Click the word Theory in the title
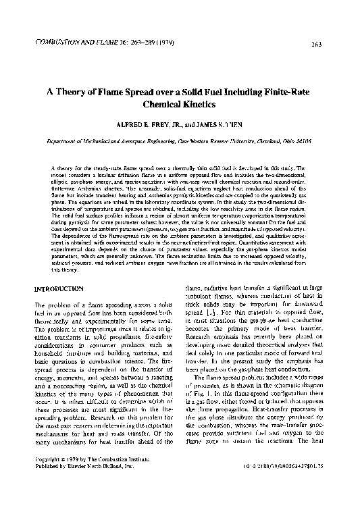pyautogui.click(x=88, y=93)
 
